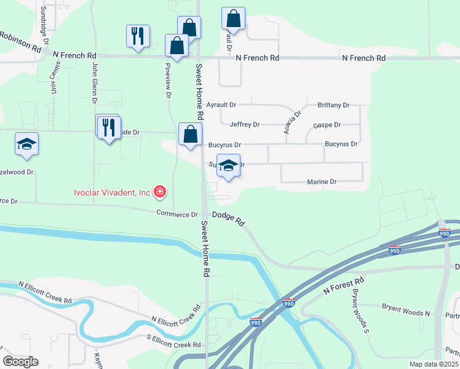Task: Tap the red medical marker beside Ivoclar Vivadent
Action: (160, 192)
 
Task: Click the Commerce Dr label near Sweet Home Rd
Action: (176, 214)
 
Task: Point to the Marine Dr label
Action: (322, 182)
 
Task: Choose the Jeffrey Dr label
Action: (244, 124)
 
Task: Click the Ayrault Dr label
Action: (220, 105)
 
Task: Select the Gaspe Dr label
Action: (327, 125)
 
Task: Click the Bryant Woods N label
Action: (405, 313)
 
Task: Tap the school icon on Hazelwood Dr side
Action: (26, 144)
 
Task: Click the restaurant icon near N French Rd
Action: (137, 36)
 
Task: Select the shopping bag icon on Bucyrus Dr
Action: (190, 134)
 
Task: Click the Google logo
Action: (20, 362)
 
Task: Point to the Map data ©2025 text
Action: (433, 364)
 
